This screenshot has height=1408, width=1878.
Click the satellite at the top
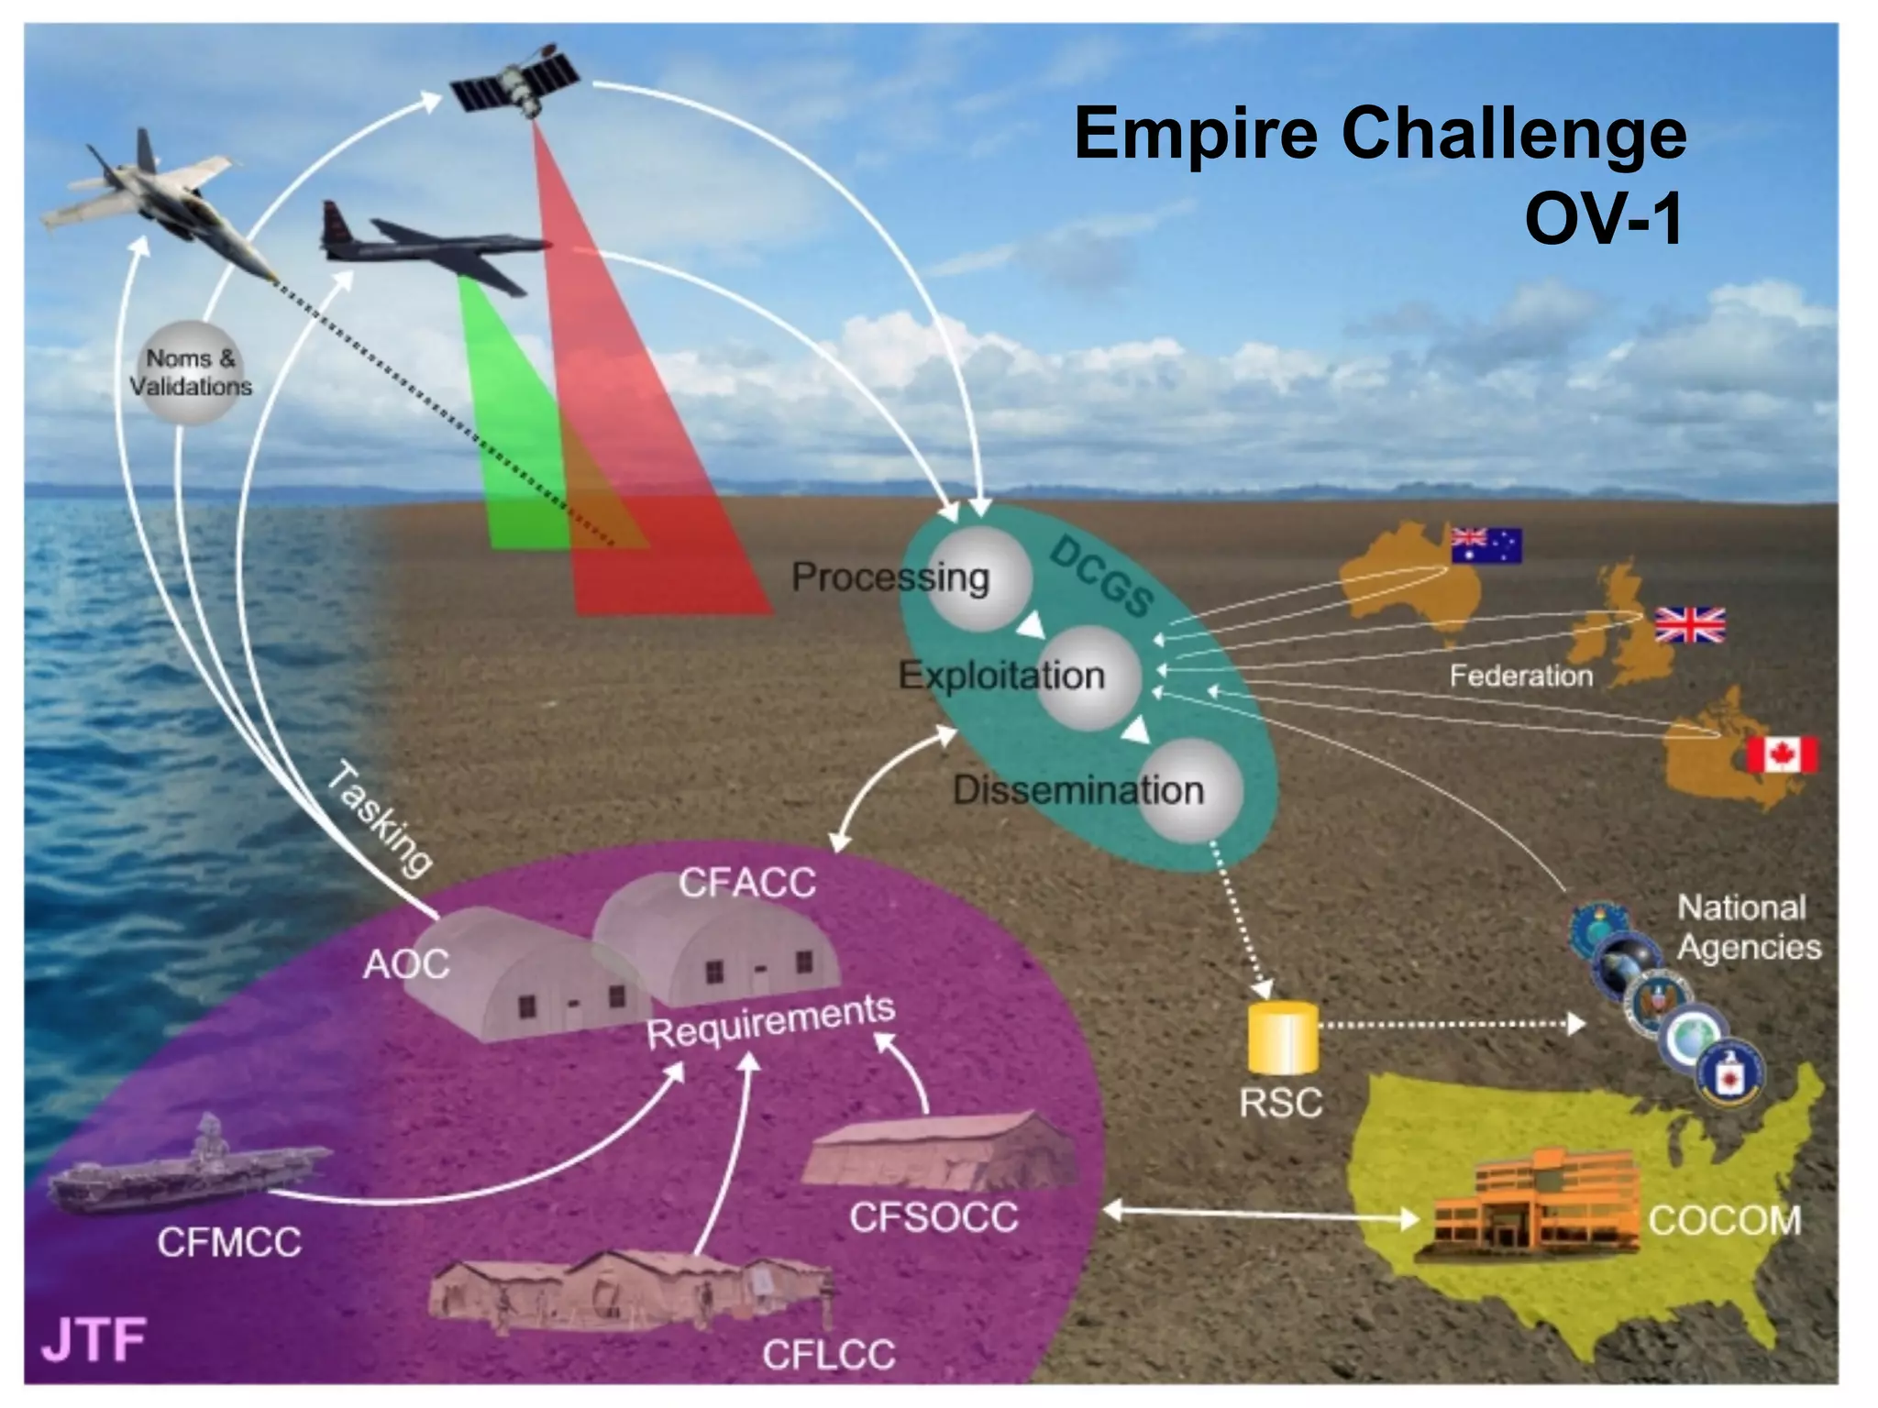515,79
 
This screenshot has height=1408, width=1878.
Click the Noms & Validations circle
191,372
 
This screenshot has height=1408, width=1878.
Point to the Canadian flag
1781,754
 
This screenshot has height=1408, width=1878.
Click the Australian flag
1486,545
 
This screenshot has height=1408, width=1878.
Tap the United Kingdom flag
1689,625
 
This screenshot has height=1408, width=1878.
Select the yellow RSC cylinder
1283,1038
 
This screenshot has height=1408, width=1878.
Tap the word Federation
1520,676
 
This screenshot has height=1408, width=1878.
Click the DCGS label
1100,577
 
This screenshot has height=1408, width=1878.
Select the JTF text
94,1339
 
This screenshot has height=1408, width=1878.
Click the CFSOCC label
933,1217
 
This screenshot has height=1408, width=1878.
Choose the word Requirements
770,1021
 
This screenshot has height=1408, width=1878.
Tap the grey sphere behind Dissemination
1191,789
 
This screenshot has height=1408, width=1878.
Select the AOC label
406,963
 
